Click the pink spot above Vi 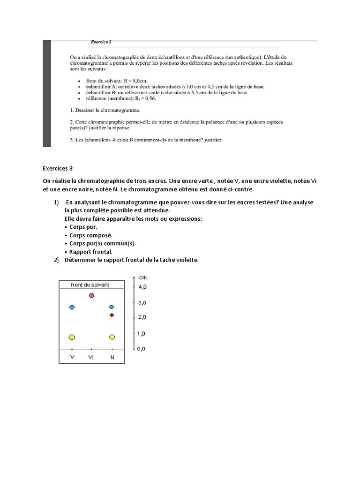[91, 295]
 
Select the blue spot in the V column [72, 307]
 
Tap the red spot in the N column [112, 315]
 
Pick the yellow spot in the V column [72, 337]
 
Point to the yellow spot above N [112, 337]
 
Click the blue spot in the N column [112, 307]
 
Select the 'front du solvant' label [90, 285]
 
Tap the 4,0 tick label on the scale [142, 286]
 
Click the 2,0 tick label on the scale [142, 317]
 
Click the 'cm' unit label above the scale [143, 277]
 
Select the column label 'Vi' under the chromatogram [91, 357]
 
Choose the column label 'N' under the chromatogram [112, 357]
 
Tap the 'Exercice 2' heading [101, 42]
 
